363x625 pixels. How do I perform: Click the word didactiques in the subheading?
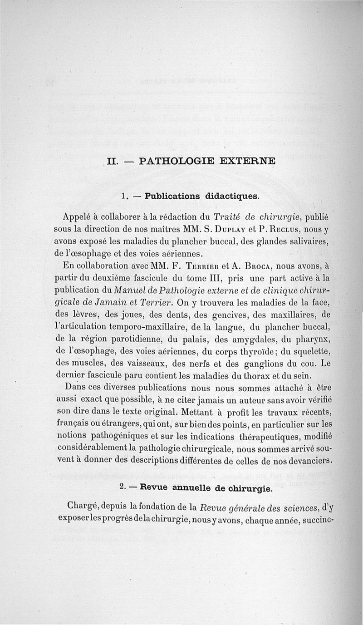[231, 197]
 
